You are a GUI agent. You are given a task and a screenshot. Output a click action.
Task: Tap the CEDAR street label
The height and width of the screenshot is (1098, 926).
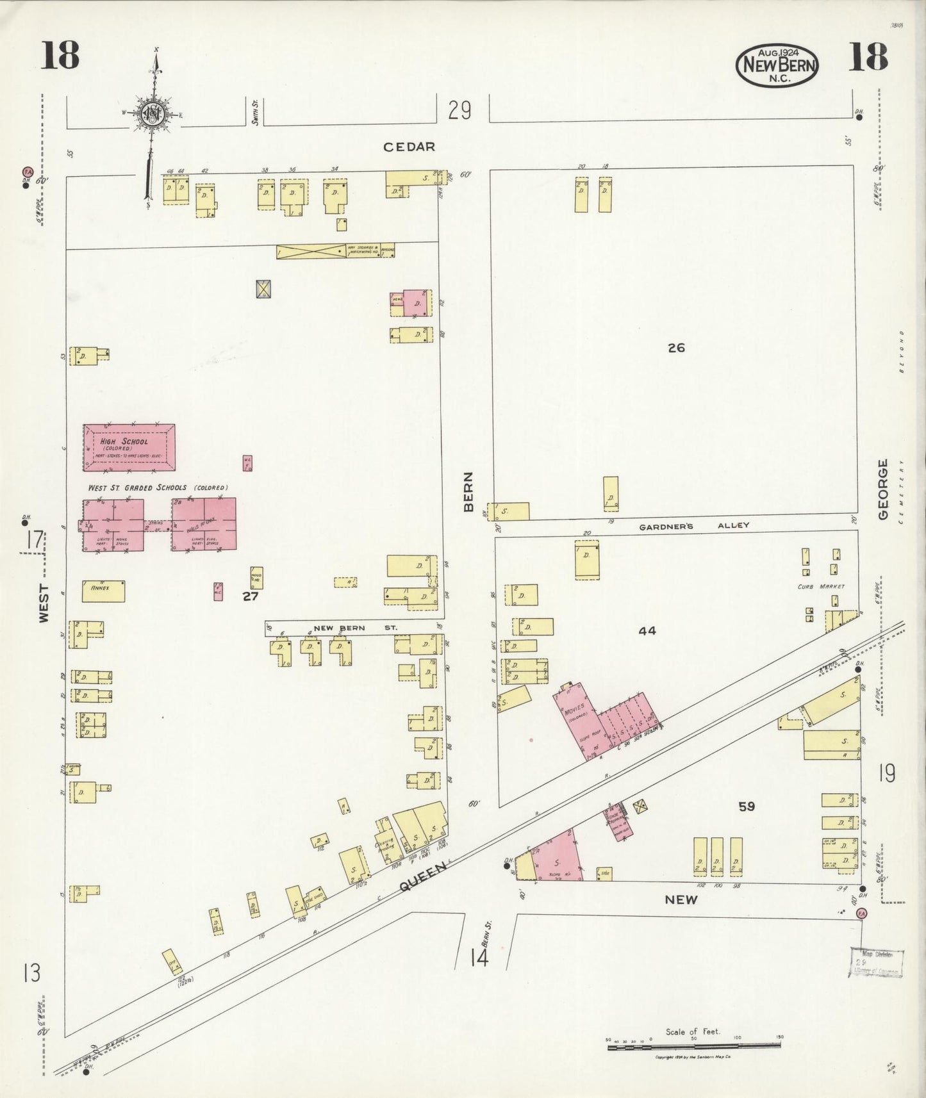tap(409, 147)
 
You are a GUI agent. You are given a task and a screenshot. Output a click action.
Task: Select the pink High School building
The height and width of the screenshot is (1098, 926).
tap(129, 447)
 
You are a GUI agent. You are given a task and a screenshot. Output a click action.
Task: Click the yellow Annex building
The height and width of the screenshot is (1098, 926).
tap(103, 591)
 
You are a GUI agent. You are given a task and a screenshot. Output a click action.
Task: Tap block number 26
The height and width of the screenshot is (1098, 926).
tap(676, 348)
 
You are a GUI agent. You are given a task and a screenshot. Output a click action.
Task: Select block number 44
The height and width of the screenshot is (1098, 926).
tap(647, 631)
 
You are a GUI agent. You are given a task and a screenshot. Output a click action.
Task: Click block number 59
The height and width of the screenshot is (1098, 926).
tap(747, 807)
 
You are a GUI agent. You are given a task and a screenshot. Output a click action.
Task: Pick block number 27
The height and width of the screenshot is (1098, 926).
tap(250, 596)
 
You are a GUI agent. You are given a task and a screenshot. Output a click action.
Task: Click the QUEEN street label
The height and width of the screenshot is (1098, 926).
tap(422, 878)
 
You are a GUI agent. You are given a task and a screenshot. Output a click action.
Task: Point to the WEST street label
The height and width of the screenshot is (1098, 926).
tap(44, 602)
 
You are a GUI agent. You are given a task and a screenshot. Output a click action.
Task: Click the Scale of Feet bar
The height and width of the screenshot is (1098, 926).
tap(693, 1046)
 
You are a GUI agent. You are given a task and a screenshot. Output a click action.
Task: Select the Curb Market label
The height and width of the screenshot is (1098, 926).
tap(821, 586)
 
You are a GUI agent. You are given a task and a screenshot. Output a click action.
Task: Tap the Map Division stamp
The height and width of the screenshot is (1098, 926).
tap(877, 962)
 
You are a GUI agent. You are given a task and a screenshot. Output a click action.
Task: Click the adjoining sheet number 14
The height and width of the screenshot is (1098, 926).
tap(479, 958)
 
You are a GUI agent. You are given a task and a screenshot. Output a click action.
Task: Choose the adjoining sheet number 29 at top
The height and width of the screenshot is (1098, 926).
tap(459, 111)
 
